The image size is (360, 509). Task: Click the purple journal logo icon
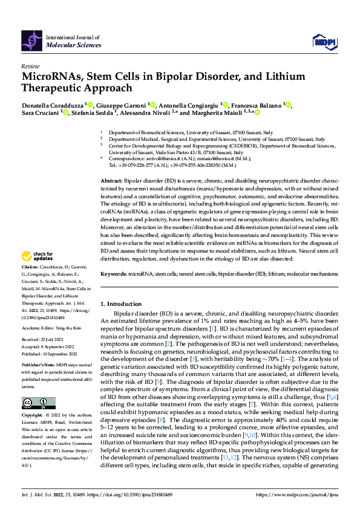31,41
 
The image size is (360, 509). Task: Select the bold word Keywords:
113,274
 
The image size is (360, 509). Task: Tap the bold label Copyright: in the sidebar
31,416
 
